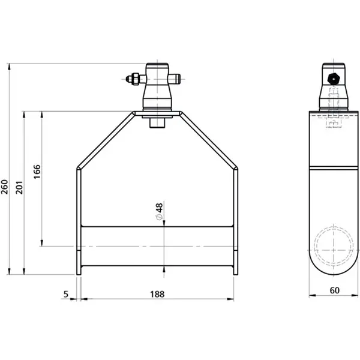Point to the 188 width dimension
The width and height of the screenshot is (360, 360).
[x=157, y=294]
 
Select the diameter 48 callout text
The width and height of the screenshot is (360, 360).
[x=159, y=211]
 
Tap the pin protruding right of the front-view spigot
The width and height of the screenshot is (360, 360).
[x=176, y=77]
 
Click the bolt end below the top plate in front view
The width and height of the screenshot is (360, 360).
[x=157, y=122]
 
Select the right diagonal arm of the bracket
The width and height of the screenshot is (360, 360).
[x=210, y=140]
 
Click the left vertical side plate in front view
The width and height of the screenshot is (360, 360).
[x=78, y=222]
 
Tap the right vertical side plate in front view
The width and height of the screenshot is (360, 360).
[x=236, y=222]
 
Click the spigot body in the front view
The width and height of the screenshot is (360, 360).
[x=157, y=90]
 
